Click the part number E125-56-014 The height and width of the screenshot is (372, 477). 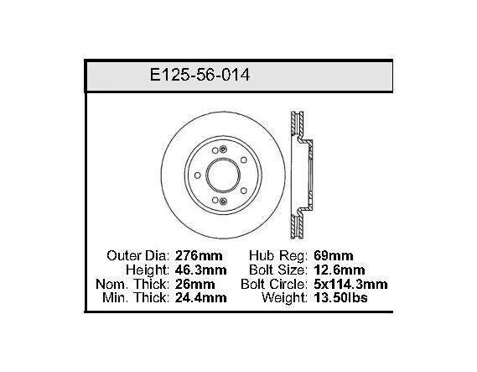point(200,75)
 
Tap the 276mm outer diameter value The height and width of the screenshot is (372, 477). point(199,255)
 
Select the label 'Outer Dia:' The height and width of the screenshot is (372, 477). point(137,255)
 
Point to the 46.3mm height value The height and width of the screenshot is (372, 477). point(201,270)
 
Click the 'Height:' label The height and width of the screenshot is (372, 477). point(148,270)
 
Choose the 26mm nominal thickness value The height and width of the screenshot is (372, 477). point(195,285)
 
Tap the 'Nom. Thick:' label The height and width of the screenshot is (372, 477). point(132,285)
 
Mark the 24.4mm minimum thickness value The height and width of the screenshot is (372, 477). point(201,297)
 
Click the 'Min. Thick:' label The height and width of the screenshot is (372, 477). point(136,297)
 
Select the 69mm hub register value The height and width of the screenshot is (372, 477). point(334,255)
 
